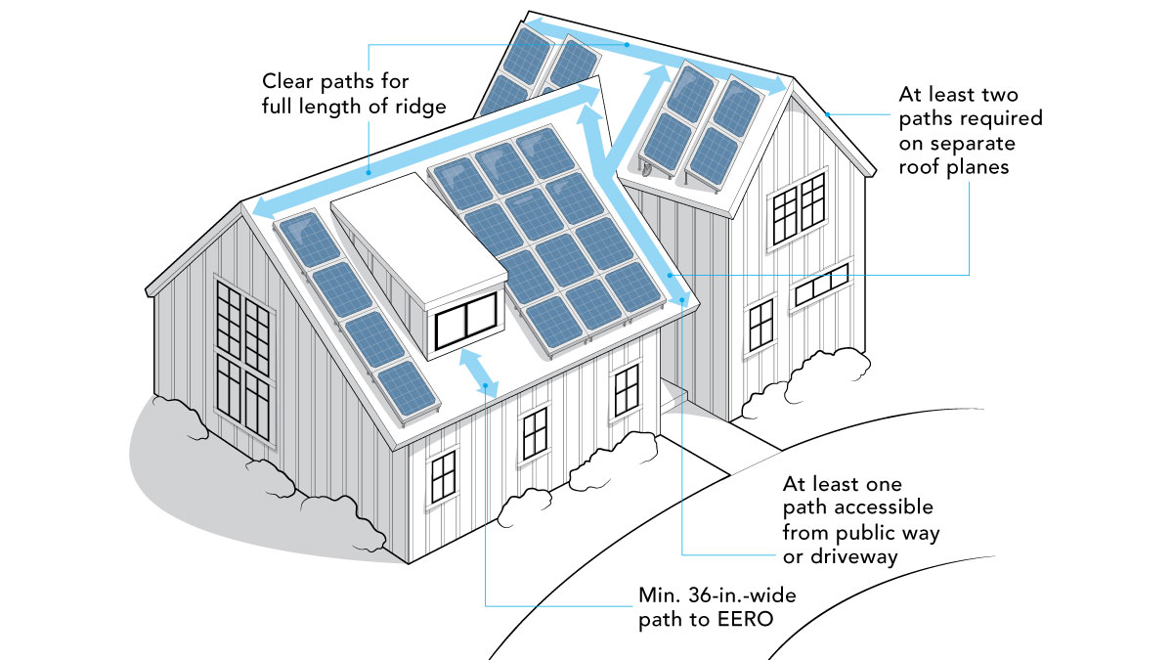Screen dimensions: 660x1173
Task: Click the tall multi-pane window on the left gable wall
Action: click(x=243, y=362)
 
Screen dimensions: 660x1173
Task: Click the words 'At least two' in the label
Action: click(x=958, y=95)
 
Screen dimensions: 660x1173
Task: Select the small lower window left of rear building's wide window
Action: click(x=760, y=322)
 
